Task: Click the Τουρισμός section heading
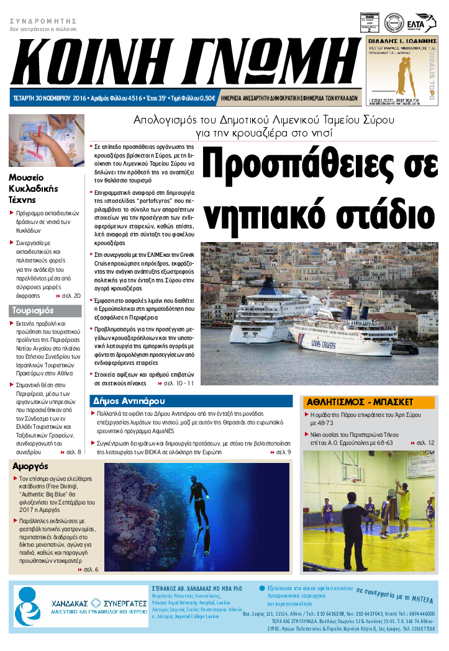(x=34, y=310)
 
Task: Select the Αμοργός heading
(x=30, y=466)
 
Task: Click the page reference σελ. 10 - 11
(x=176, y=384)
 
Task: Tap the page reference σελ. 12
(x=422, y=442)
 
